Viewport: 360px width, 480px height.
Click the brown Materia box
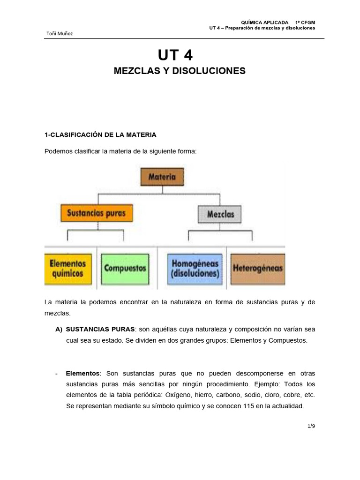[162, 177]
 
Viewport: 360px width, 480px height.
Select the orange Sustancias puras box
[97, 213]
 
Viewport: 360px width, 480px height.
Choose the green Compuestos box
[125, 269]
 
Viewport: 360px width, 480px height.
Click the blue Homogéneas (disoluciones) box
[195, 268]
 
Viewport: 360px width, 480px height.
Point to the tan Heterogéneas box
[257, 269]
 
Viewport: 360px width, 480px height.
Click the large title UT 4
[175, 56]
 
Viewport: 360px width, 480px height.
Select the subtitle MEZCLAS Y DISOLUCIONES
[180, 71]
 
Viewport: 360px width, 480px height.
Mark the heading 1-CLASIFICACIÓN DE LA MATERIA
[100, 135]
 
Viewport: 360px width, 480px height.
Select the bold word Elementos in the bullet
[82, 373]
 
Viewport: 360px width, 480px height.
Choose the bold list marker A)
[59, 329]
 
